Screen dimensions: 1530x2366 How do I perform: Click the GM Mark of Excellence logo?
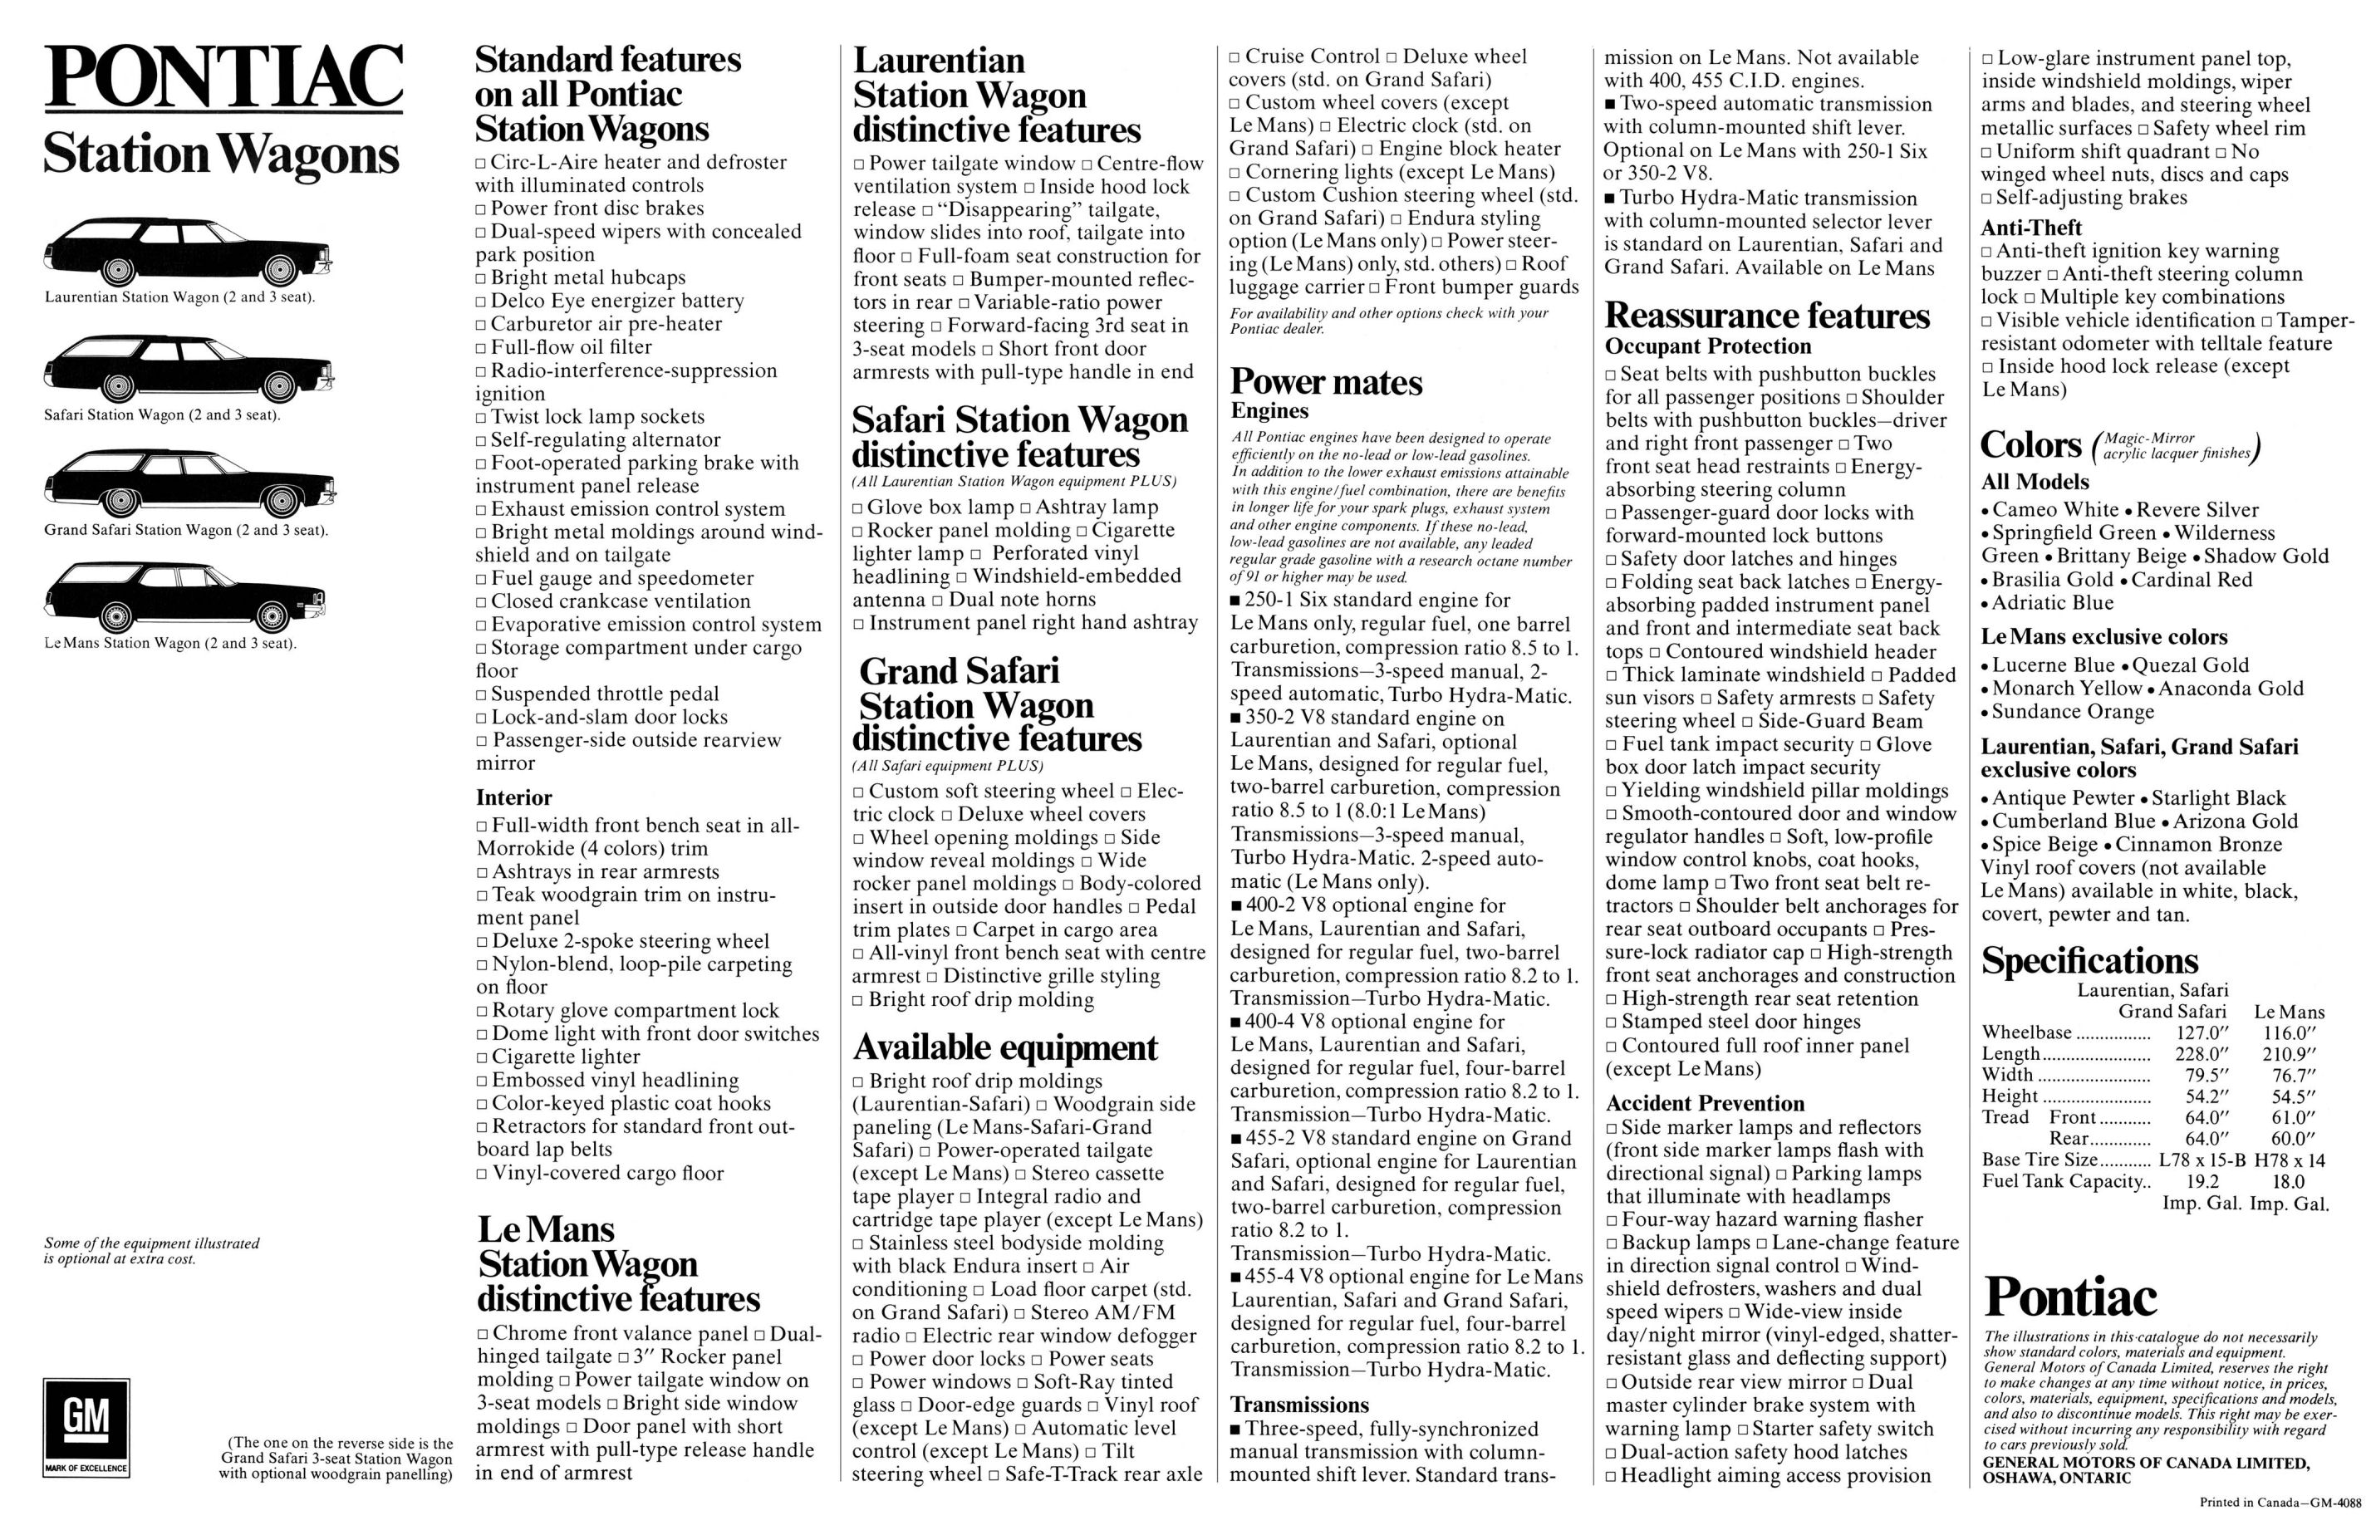[86, 1428]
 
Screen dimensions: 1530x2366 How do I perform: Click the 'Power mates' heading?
[1326, 381]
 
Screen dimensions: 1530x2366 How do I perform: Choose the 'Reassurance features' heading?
[1767, 315]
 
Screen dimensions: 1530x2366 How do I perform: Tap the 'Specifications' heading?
[2088, 959]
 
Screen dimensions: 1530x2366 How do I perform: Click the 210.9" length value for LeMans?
[2289, 1053]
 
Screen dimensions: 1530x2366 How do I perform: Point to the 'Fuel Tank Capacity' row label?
[2062, 1181]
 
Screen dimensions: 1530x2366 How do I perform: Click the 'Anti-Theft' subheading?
[2030, 228]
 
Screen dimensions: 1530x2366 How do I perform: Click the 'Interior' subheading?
[513, 797]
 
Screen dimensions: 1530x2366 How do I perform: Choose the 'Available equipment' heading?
[1004, 1047]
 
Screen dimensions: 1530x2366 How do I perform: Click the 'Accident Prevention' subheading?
[1704, 1103]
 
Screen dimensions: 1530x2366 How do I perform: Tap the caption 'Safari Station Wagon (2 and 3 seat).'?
[162, 414]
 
